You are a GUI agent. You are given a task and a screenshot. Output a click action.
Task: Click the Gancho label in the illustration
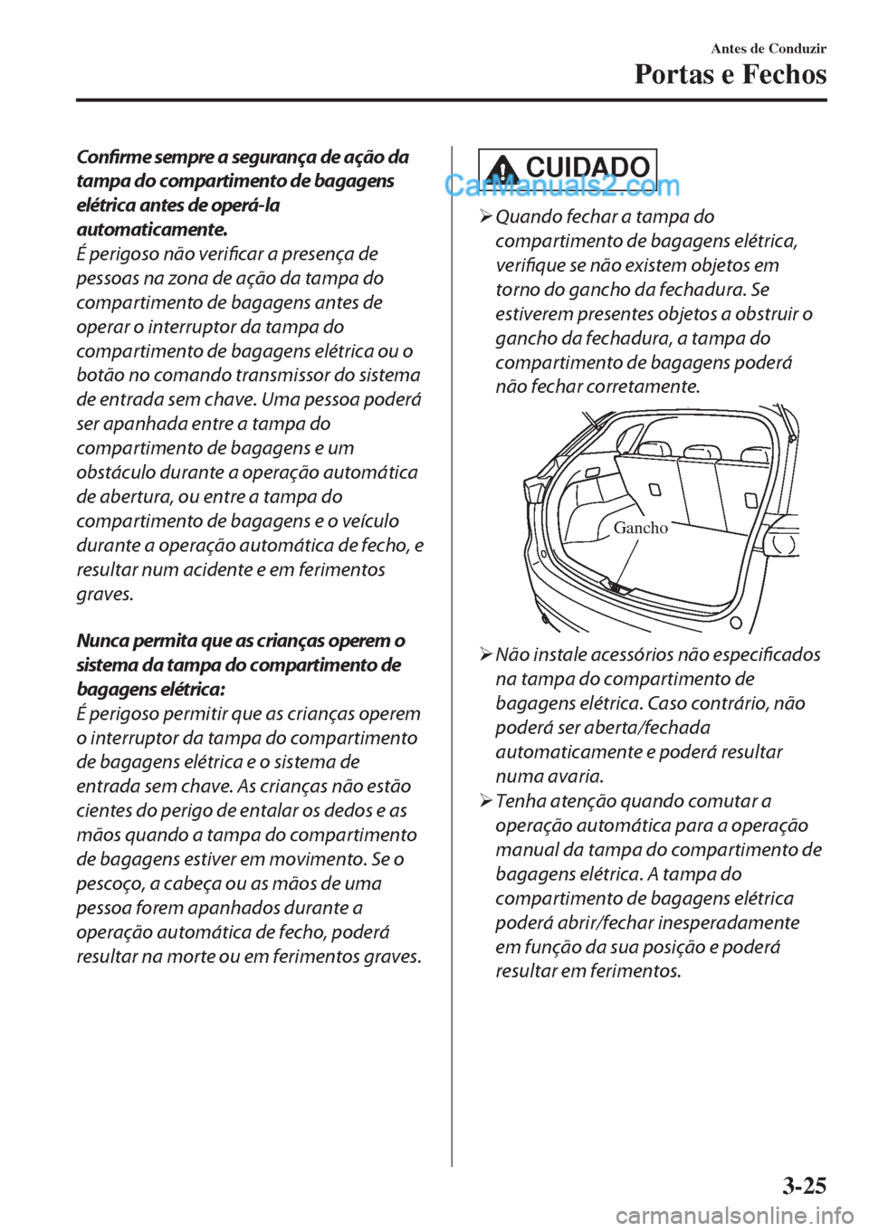[640, 528]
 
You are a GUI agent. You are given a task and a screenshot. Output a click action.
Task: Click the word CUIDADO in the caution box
[587, 167]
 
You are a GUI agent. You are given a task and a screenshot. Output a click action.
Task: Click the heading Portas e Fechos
[730, 74]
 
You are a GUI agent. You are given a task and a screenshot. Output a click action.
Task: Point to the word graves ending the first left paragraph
[104, 595]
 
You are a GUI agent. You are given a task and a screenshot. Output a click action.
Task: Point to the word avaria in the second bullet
[576, 777]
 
